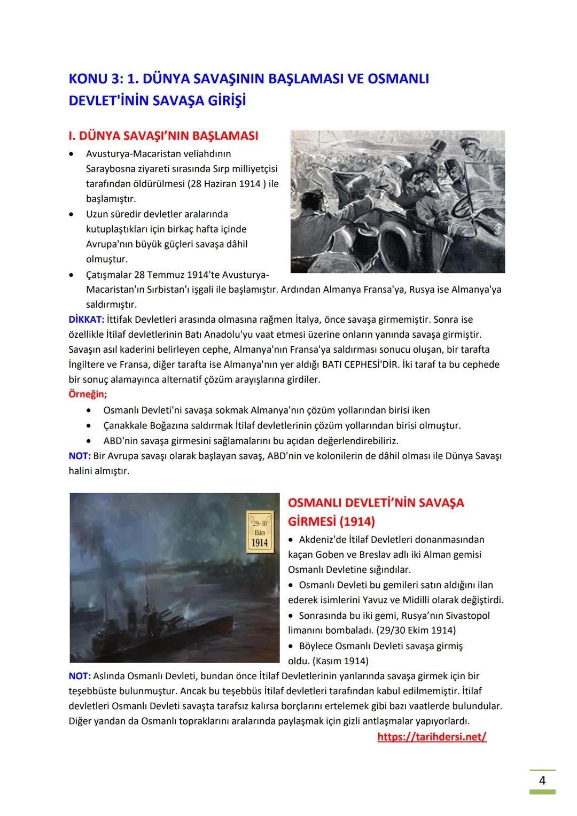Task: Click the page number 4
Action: click(542, 781)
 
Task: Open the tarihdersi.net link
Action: click(432, 737)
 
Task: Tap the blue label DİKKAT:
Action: click(87, 320)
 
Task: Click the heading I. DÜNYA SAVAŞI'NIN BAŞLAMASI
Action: click(163, 136)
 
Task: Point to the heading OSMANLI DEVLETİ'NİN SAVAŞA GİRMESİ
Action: click(376, 511)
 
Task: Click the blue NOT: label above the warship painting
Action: click(80, 456)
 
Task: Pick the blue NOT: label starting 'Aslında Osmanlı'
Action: click(80, 676)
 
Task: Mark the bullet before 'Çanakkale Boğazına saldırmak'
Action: click(89, 426)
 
